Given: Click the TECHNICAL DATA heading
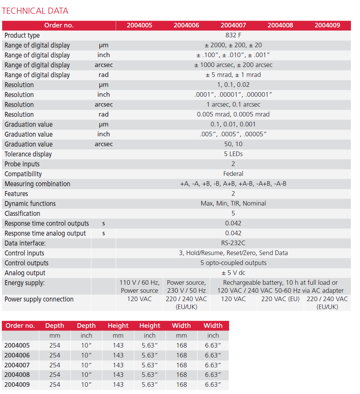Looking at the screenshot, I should click(35, 11).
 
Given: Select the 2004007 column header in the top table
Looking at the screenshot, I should click(233, 26).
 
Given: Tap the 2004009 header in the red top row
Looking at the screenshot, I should click(327, 26).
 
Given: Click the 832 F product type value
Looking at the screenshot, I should click(233, 35).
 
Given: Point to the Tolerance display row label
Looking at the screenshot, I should click(28, 154).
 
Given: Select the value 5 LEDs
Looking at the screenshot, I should click(233, 154).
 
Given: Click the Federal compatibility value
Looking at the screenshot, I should click(233, 174).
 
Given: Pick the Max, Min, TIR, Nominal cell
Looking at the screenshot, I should click(233, 204).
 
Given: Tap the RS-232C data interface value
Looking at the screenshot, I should click(233, 243).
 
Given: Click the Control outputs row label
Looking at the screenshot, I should click(27, 263).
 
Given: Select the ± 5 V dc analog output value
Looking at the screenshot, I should click(233, 273).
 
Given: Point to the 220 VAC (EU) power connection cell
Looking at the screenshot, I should click(280, 299).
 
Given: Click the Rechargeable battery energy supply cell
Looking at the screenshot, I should click(280, 287).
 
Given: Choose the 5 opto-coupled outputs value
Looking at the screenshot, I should click(233, 263).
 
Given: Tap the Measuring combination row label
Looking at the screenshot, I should click(37, 184).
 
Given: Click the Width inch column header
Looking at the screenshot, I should click(213, 326).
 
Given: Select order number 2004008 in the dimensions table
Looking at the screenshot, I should click(17, 375).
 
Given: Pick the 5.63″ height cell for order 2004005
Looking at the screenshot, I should click(150, 346).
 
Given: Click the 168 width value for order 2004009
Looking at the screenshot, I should click(182, 385).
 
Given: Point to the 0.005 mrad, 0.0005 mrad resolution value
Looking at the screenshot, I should click(233, 115).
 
